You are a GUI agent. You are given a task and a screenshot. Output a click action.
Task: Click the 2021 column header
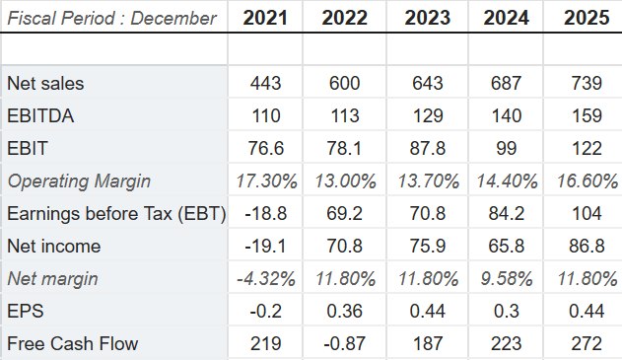[266, 18]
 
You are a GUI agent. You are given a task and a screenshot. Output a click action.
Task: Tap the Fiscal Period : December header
[111, 18]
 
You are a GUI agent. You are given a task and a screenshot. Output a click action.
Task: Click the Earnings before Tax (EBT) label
[115, 213]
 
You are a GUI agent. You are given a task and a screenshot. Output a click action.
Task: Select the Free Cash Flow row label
[72, 343]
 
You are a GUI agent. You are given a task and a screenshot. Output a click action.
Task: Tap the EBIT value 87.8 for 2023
[424, 148]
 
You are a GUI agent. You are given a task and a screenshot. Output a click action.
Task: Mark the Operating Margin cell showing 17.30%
[266, 180]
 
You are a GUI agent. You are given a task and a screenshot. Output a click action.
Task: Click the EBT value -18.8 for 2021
[266, 213]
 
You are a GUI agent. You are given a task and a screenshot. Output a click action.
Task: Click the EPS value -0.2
[266, 311]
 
